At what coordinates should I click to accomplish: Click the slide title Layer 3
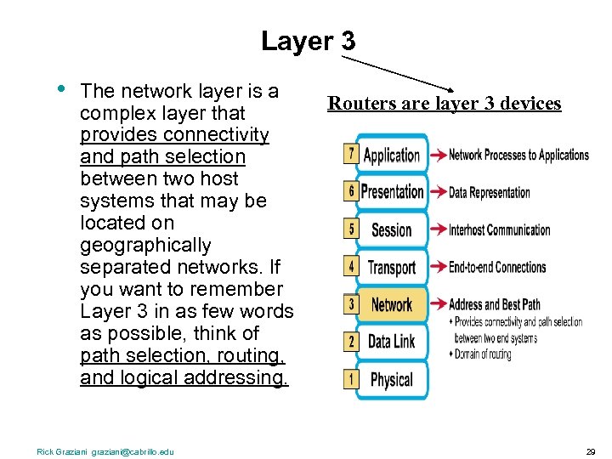(308, 41)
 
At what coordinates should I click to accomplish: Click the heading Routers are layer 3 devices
(445, 104)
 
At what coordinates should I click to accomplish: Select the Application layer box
(392, 155)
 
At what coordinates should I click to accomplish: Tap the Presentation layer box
(392, 192)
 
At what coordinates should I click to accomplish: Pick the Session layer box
(392, 229)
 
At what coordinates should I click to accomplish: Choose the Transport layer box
(392, 267)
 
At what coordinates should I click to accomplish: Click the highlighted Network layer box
(392, 304)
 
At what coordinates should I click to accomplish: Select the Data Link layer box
(392, 342)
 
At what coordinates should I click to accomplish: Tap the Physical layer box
(392, 379)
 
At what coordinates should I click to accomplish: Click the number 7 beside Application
(351, 154)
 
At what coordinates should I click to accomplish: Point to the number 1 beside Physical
(351, 378)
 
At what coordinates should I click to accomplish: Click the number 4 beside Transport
(351, 266)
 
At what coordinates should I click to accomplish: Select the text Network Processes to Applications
(518, 155)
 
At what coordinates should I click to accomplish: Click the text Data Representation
(490, 192)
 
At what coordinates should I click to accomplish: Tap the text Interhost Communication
(500, 229)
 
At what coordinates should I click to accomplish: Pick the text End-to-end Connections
(497, 267)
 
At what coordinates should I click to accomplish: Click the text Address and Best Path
(495, 304)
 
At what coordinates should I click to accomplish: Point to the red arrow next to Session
(438, 229)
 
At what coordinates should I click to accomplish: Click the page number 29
(591, 451)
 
